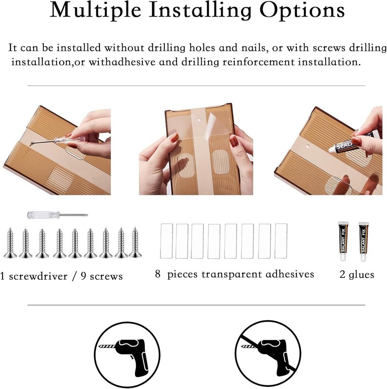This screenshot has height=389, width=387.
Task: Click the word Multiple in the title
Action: tap(95, 10)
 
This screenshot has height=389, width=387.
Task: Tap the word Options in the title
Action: tap(302, 10)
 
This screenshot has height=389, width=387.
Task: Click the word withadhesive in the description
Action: tap(122, 62)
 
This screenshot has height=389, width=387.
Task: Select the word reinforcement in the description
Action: tap(258, 62)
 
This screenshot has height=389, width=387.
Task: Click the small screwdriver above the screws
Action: tap(57, 214)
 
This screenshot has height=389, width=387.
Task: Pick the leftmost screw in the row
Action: tap(10, 242)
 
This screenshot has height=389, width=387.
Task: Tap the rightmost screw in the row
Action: tap(135, 242)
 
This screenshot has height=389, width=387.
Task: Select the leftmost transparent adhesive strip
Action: tap(167, 241)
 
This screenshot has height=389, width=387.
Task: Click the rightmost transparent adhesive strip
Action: tap(281, 241)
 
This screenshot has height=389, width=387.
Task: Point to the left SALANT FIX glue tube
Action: tap(343, 241)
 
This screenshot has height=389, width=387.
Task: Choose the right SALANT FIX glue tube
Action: tap(363, 241)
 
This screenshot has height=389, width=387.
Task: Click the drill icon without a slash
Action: tap(127, 354)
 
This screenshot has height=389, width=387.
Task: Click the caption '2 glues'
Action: tap(357, 274)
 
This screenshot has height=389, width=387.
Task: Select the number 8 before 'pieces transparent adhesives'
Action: tap(158, 274)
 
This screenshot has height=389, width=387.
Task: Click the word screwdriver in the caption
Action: tap(38, 276)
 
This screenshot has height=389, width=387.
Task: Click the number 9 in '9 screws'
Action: tap(83, 276)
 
